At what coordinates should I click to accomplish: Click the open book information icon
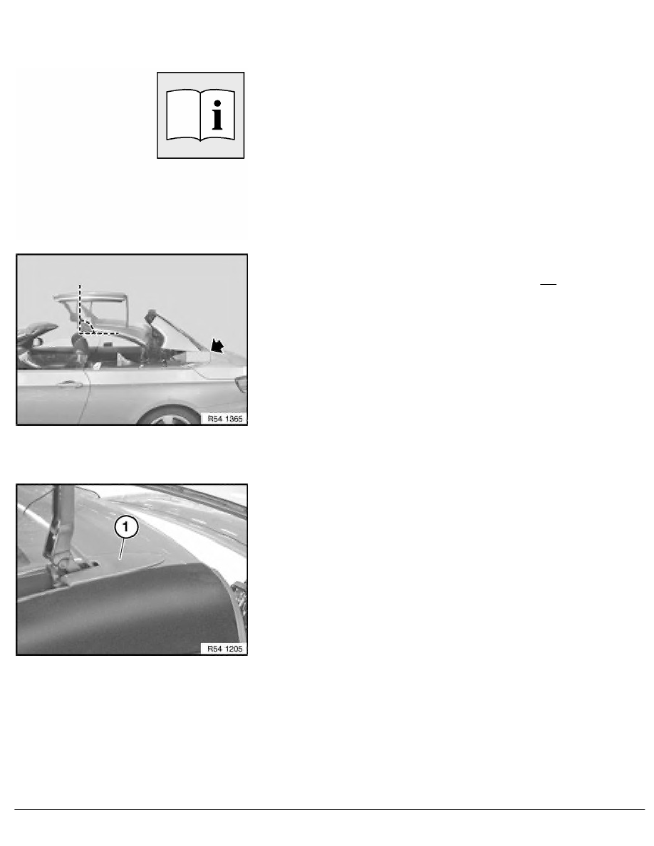[201, 115]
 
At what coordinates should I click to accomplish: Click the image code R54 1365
[225, 418]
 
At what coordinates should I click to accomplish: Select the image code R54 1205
[225, 649]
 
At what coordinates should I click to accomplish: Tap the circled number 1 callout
[125, 526]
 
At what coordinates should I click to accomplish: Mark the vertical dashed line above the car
[80, 308]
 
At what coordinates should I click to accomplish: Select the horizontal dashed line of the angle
[99, 333]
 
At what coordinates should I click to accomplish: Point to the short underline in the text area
[548, 283]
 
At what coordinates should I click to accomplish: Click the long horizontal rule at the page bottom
[330, 809]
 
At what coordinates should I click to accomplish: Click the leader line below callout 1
[122, 549]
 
